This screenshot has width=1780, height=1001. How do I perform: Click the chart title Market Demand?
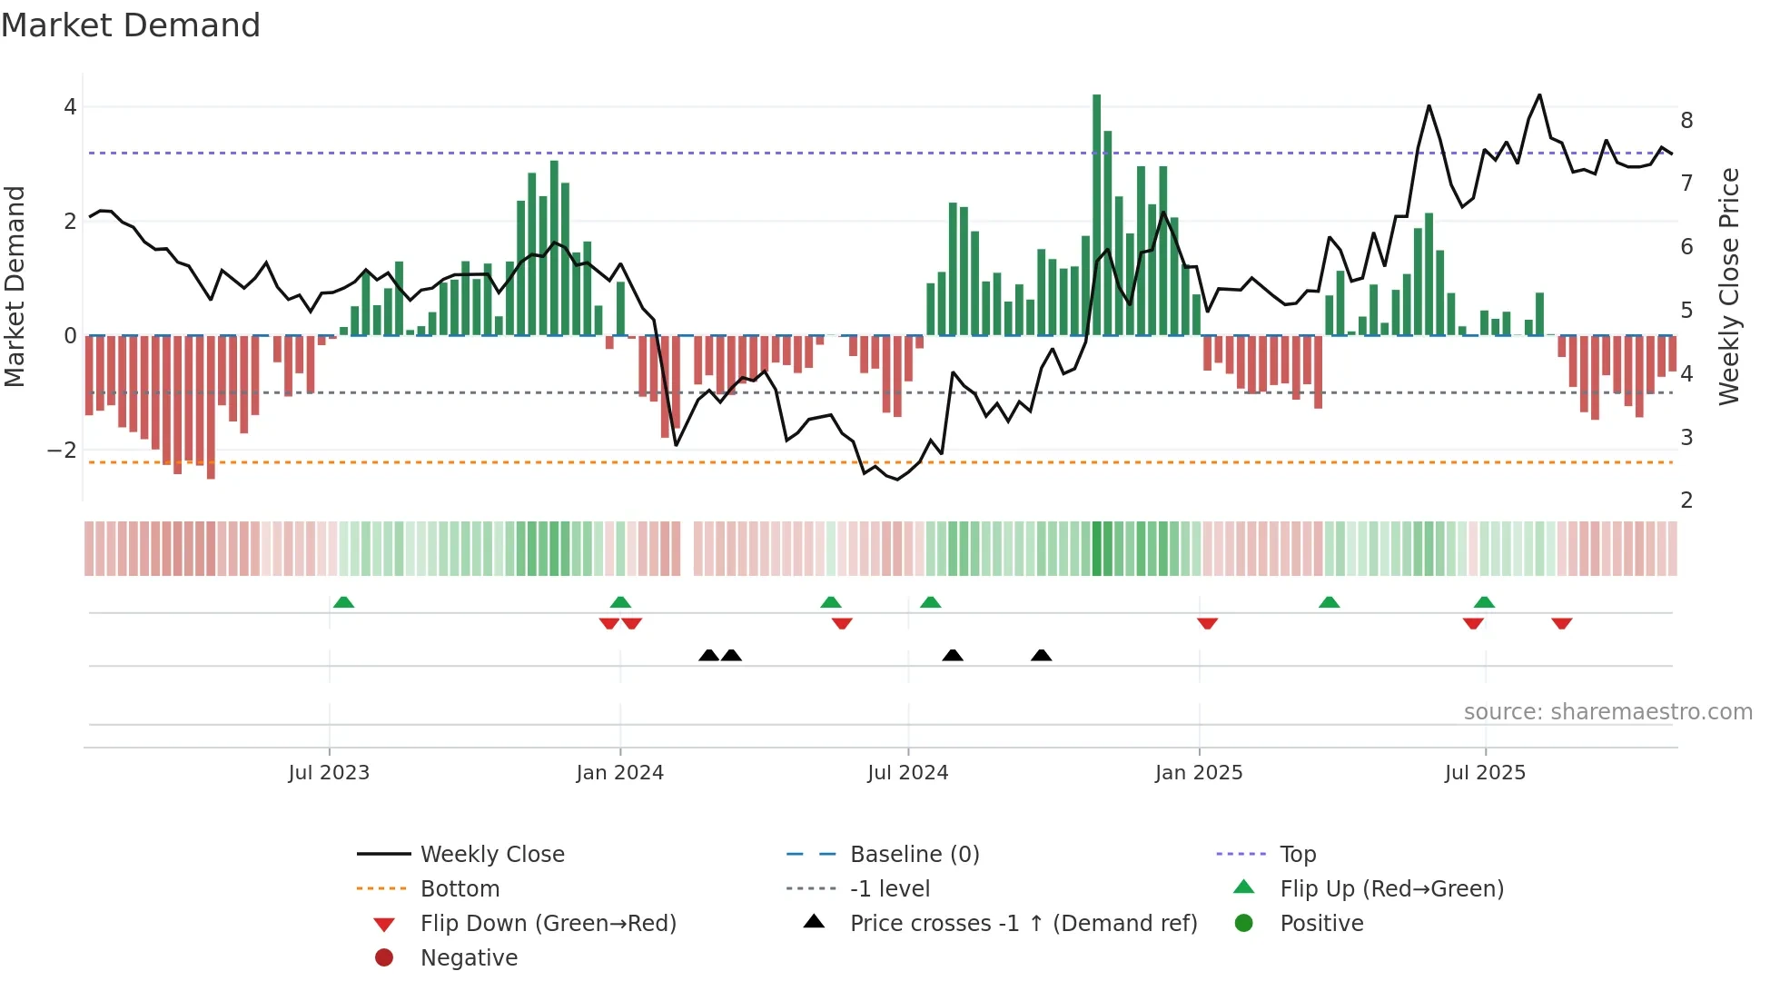pos(131,25)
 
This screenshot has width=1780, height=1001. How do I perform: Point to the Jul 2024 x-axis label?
pos(907,773)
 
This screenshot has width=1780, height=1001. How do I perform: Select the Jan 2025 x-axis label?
pos(1199,773)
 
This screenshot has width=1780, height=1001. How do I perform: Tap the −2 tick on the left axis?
pos(62,451)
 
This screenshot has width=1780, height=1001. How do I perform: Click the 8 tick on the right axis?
pos(1686,121)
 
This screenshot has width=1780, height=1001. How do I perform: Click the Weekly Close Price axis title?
pos(1729,286)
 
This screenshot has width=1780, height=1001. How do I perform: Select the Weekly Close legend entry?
pos(491,855)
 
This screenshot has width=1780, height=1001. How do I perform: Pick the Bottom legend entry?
pos(460,889)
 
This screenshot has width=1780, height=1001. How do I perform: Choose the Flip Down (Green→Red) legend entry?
pos(548,924)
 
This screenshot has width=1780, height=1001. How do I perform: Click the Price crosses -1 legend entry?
pos(1023,924)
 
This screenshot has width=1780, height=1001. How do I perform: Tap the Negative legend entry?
pos(469,958)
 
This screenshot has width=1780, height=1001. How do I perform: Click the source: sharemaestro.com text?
pos(1607,712)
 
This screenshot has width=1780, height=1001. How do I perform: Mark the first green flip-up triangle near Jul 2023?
pos(343,602)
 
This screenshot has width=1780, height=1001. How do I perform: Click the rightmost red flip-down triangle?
pos(1561,623)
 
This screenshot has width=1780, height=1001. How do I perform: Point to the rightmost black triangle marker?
pos(1042,655)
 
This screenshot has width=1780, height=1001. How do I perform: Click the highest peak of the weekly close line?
pos(1539,95)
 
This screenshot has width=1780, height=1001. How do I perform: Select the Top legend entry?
pos(1298,855)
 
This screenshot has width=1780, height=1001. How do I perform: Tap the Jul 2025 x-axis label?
pos(1485,773)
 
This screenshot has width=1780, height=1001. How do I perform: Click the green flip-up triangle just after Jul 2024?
pos(930,602)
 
